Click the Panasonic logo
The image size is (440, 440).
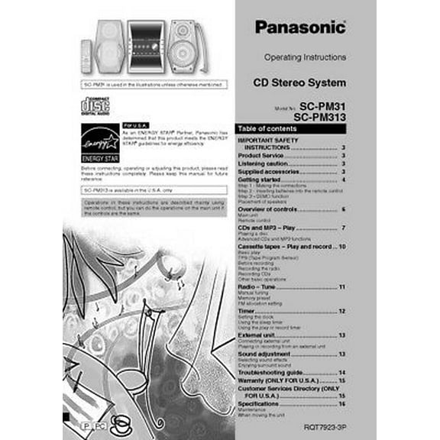click(299, 28)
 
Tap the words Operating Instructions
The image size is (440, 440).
click(305, 58)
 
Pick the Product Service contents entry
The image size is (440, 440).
click(264, 156)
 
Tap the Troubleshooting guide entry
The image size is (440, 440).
click(271, 372)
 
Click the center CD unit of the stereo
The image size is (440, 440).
click(145, 46)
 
